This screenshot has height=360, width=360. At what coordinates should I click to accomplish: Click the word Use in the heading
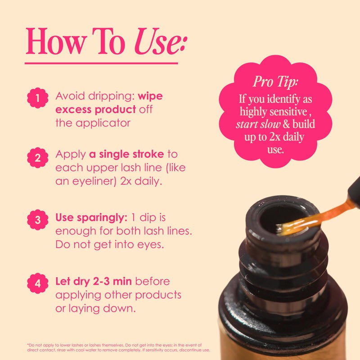(158, 42)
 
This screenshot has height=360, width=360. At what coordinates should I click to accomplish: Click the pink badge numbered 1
(37, 97)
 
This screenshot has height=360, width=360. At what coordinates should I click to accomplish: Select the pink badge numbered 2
(37, 157)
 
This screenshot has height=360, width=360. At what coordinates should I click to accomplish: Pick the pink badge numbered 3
(37, 219)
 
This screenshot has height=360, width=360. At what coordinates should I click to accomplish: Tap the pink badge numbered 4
(37, 284)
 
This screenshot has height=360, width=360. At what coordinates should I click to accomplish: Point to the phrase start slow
(257, 124)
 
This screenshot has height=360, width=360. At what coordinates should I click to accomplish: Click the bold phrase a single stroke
(126, 154)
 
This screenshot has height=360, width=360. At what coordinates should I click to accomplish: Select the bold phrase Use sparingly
(91, 217)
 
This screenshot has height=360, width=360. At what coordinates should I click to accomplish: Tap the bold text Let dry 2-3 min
(94, 282)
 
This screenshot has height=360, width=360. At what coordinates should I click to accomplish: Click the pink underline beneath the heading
(101, 63)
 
